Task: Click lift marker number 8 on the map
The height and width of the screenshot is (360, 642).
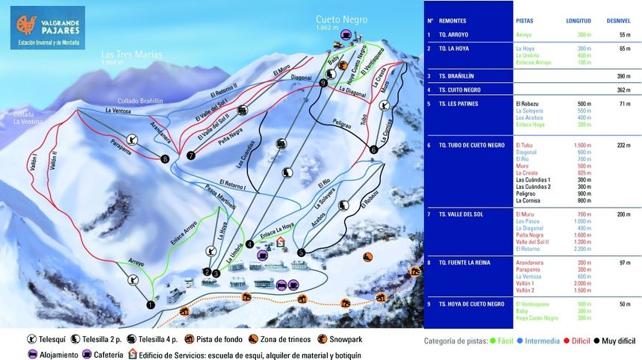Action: tap(165, 158)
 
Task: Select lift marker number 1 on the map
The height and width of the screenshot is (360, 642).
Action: tap(150, 304)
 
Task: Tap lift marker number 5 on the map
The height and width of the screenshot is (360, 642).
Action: tap(301, 252)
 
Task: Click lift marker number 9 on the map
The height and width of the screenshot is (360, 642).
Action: tap(323, 84)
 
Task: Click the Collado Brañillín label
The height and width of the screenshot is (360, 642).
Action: tap(140, 102)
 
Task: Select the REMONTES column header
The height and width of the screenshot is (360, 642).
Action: tap(453, 21)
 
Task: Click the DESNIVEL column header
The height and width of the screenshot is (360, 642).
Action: tap(619, 21)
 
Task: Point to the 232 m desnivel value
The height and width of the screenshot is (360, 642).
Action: tap(624, 146)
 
